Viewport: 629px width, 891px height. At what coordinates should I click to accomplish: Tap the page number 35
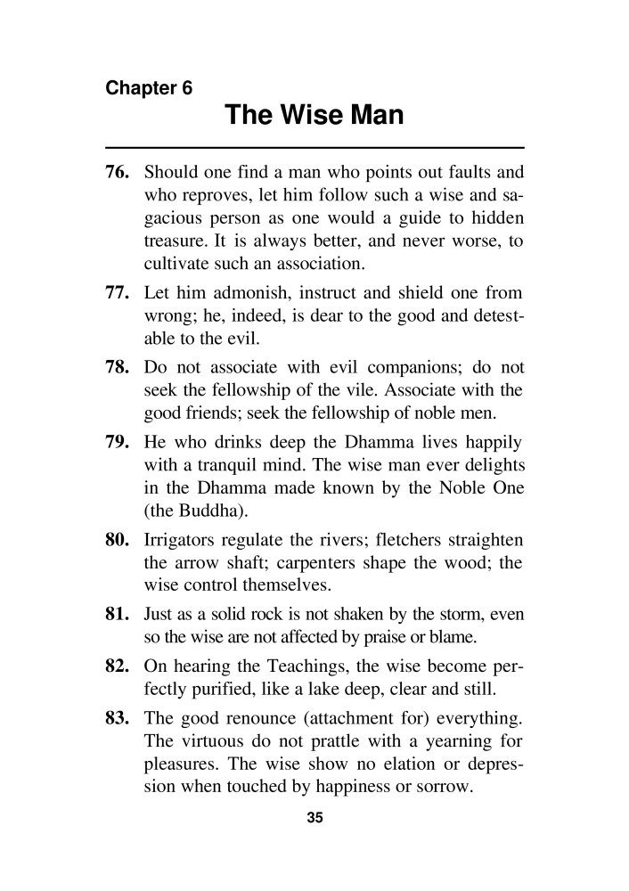pos(314,820)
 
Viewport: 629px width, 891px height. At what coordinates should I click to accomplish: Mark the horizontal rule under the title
pos(314,146)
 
